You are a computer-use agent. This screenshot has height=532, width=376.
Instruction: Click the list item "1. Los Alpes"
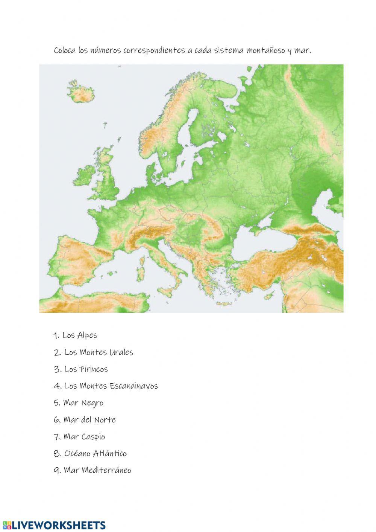point(75,335)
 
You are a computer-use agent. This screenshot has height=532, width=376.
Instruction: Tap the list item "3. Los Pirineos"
point(80,369)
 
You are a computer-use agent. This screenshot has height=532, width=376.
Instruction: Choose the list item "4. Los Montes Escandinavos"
point(106,386)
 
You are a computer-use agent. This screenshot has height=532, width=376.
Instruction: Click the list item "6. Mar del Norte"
point(85,420)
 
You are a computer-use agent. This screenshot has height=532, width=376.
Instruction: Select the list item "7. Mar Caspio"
point(79,437)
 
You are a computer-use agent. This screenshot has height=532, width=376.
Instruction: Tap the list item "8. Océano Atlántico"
point(90,453)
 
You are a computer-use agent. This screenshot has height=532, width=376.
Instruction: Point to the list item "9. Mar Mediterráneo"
point(92,470)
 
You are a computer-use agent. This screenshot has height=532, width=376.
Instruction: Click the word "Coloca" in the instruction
point(65,50)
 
